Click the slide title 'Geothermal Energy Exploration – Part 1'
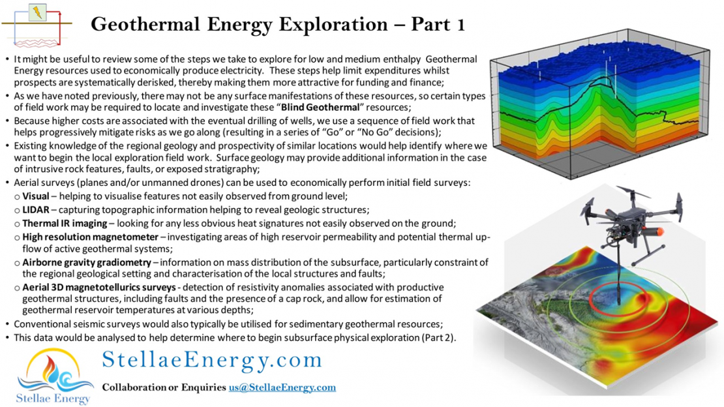[278, 24]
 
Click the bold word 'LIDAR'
[37, 209]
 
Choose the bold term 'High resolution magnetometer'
[90, 236]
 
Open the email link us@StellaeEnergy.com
[282, 387]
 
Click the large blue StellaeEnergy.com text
[212, 360]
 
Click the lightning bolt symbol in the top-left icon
[38, 12]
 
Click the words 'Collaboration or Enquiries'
[164, 387]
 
